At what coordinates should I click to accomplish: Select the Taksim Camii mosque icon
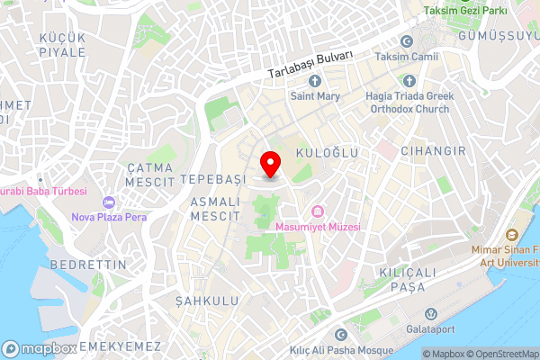pos(406,41)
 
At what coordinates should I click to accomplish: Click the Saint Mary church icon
pos(315,79)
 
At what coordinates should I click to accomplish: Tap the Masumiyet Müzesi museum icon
pos(317,211)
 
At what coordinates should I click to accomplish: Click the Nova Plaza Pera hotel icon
pos(110,201)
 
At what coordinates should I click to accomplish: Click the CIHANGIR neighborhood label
pos(434,151)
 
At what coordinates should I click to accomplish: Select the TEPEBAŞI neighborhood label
pos(212,180)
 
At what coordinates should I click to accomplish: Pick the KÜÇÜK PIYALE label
pos(62,44)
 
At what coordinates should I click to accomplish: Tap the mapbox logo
pos(38,348)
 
